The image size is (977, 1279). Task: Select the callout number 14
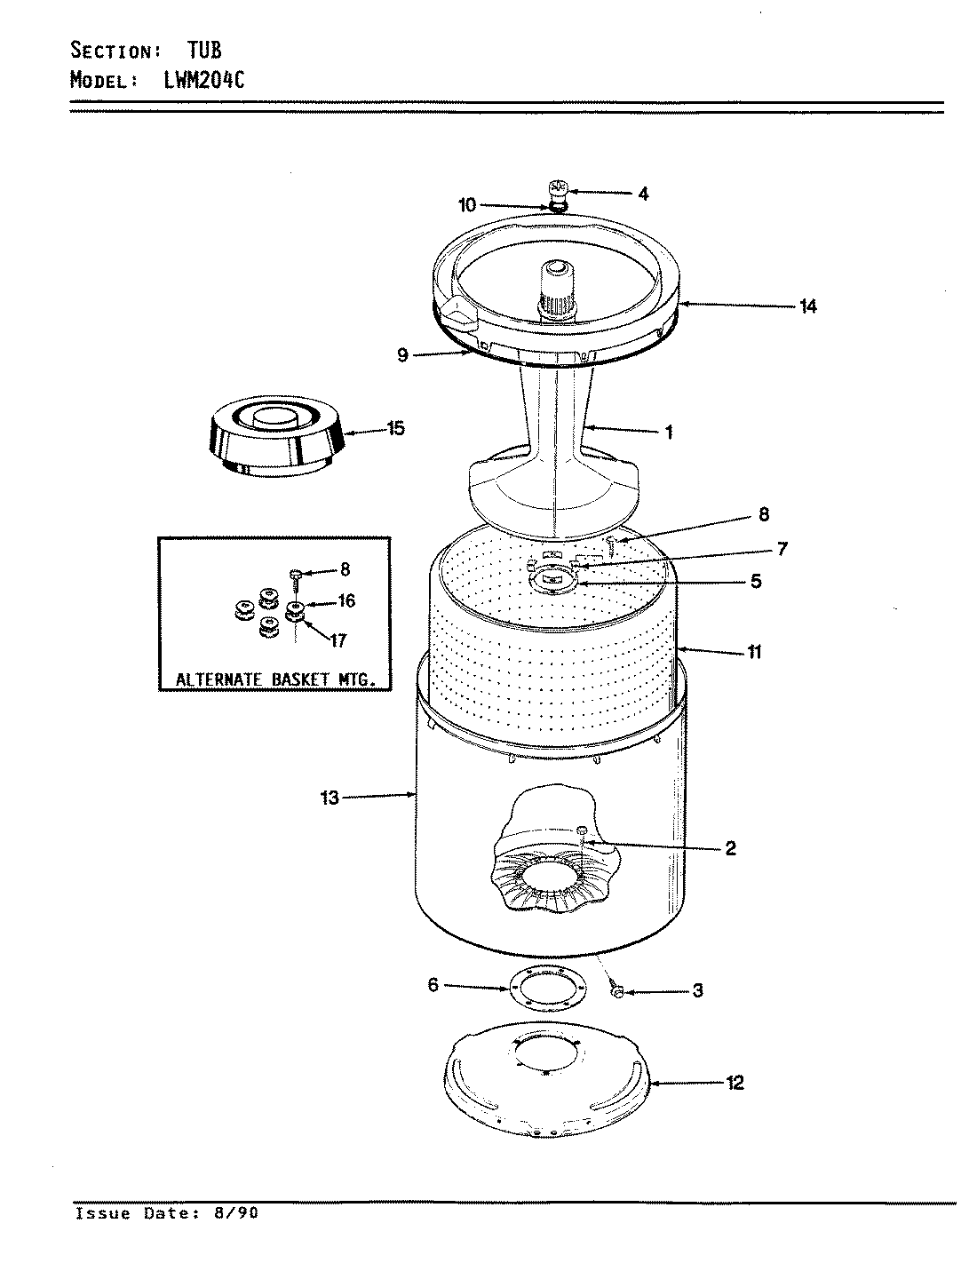(807, 307)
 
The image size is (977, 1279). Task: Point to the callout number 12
(735, 1082)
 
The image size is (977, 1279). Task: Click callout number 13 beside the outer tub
(330, 798)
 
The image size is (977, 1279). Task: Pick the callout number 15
(395, 429)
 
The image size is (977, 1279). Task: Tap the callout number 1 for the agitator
(668, 433)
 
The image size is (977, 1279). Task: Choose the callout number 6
(433, 984)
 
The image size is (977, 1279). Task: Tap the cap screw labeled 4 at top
(558, 190)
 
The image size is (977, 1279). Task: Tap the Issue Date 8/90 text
(167, 1213)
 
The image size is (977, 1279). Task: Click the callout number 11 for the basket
(753, 652)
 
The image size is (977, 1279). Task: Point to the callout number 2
(730, 848)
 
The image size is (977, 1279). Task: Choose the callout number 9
(402, 355)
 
